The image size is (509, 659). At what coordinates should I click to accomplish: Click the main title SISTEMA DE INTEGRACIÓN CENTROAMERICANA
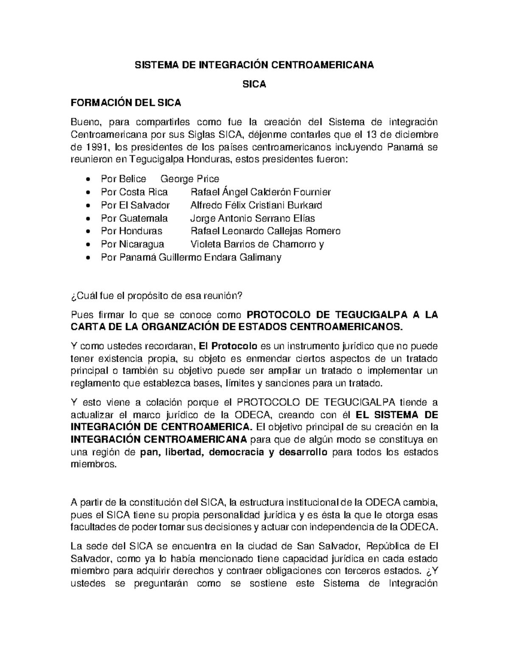point(254,65)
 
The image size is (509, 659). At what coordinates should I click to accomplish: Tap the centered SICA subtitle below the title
point(254,84)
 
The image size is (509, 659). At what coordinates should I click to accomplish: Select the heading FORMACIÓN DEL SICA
point(126,103)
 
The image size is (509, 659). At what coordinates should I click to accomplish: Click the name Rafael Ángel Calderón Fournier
point(261,192)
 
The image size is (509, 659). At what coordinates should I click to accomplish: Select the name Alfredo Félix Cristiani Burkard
point(256,205)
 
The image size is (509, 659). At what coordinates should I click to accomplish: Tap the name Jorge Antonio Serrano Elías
point(252,218)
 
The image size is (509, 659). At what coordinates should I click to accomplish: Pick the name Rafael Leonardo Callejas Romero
point(266,231)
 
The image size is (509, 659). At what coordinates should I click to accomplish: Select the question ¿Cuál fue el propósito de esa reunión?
point(157,296)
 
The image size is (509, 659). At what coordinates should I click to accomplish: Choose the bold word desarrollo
point(303,452)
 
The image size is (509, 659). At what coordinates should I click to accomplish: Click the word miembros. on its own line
point(92,464)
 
